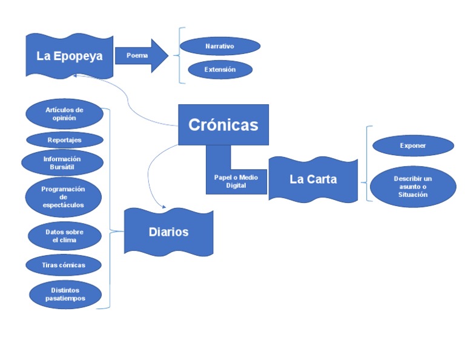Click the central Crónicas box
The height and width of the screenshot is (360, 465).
(223, 125)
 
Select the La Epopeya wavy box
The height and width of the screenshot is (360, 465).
(70, 56)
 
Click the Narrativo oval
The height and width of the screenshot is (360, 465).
(220, 46)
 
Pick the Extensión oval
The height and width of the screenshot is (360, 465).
(220, 70)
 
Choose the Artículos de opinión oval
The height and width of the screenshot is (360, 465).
(64, 114)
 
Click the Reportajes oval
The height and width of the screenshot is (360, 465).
(64, 140)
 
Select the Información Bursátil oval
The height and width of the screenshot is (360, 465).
(62, 163)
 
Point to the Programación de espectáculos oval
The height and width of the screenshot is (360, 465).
(63, 197)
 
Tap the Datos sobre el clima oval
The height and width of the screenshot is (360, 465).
(64, 236)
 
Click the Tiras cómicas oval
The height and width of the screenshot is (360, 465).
(64, 265)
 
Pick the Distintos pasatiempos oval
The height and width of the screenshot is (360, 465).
(65, 294)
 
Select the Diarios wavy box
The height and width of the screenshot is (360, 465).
(169, 232)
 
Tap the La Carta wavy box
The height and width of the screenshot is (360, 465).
(313, 179)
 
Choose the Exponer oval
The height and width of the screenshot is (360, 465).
(413, 145)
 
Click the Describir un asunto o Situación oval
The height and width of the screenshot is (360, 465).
(413, 186)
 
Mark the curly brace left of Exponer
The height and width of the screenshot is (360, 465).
(366, 164)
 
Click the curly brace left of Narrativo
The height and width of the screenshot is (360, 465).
(178, 55)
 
